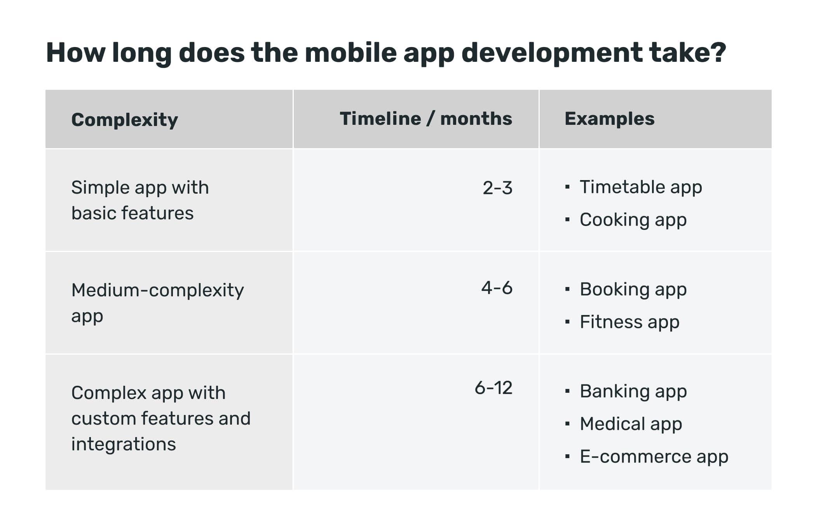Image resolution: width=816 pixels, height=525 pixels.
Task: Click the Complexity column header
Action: [124, 120]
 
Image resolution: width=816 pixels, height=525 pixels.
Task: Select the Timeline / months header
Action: [426, 119]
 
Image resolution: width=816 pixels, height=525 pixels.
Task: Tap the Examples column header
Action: [609, 119]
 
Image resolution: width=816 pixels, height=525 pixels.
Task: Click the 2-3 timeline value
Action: [497, 188]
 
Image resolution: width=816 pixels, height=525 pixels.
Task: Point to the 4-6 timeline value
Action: [497, 288]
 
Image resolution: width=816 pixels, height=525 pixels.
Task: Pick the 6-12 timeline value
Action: [493, 388]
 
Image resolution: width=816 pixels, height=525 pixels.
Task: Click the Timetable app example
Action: [641, 187]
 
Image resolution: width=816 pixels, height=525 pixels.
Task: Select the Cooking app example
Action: [633, 220]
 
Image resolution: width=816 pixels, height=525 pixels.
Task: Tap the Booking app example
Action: [633, 290]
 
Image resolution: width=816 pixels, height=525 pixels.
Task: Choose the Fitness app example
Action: [629, 322]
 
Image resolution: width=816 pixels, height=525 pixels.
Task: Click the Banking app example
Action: [633, 392]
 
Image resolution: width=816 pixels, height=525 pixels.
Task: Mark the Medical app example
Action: [631, 424]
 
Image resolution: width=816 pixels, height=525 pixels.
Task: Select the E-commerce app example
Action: [654, 457]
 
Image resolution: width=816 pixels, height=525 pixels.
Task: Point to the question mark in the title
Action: [718, 52]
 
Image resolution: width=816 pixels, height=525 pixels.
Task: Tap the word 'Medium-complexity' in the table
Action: [157, 291]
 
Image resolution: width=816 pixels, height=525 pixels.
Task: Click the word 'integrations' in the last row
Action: [124, 444]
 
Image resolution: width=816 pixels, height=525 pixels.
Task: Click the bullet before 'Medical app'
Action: [568, 424]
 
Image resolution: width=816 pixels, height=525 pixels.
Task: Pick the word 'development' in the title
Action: [552, 53]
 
